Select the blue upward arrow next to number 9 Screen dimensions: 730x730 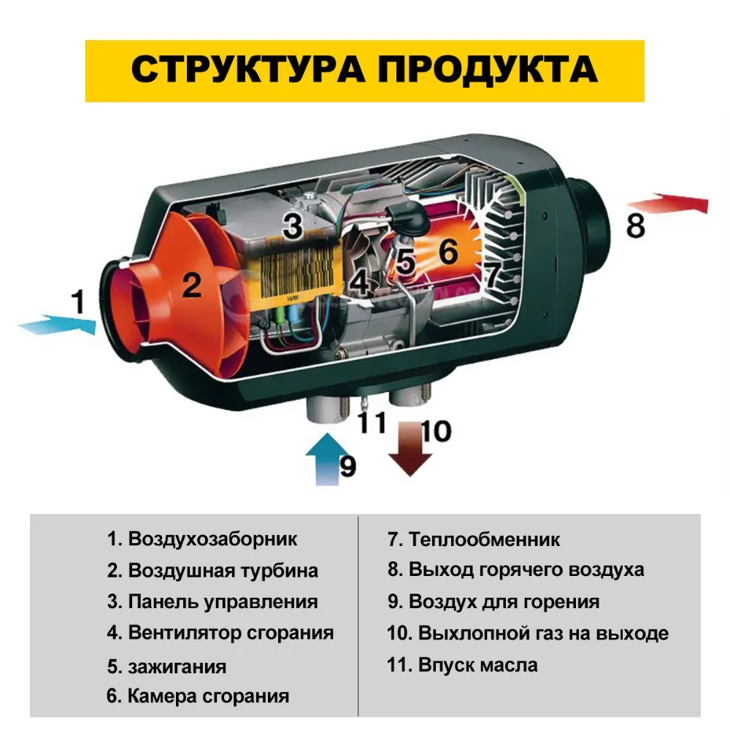328,459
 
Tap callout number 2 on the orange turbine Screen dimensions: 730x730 191,285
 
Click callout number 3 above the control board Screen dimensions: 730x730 293,226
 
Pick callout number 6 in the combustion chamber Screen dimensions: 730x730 448,251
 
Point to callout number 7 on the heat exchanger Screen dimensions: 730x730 493,274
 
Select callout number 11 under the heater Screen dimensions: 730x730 372,422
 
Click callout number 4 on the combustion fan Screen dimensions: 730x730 359,281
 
